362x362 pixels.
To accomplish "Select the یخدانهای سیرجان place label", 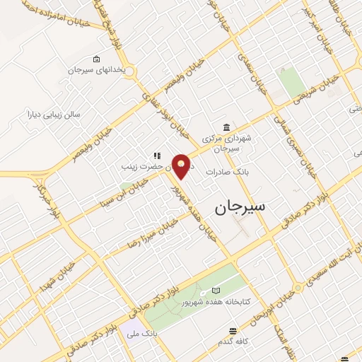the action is [95, 69].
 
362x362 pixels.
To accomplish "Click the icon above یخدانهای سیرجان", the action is [96, 59].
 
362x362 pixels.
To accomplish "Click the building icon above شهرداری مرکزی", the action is [226, 127].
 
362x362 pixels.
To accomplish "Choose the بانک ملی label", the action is [143, 332].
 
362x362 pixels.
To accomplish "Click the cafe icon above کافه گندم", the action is [232, 331].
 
